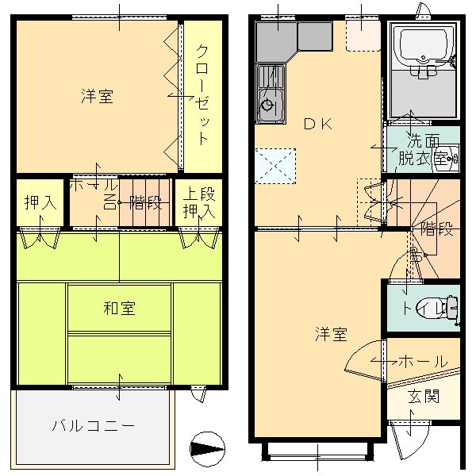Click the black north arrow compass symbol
(x=205, y=449)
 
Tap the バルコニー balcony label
(x=94, y=424)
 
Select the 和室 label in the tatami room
(x=119, y=308)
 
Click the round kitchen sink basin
(x=268, y=105)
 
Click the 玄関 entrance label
(x=424, y=396)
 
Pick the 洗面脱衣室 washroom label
(x=424, y=150)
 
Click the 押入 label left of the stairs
(x=40, y=201)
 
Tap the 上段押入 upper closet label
(x=200, y=202)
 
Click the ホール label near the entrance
(x=421, y=361)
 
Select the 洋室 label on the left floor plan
(x=97, y=97)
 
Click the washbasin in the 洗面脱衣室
(x=449, y=157)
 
